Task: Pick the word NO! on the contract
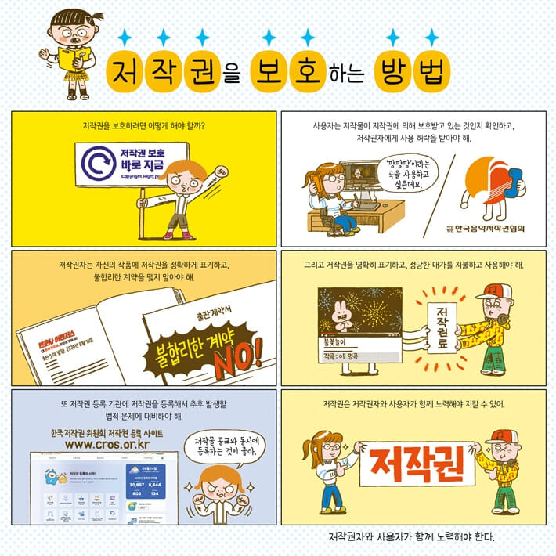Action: (x=248, y=354)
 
